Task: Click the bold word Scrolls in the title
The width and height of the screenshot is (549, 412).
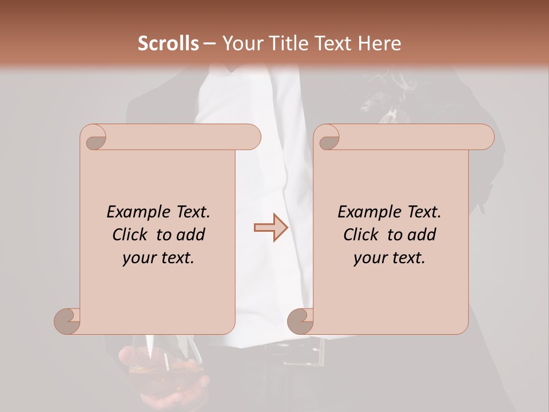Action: click(x=168, y=43)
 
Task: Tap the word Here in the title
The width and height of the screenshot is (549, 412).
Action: click(x=379, y=43)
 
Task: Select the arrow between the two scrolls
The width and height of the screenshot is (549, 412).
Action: click(x=270, y=227)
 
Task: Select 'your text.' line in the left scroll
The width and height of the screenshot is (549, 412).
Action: click(x=158, y=258)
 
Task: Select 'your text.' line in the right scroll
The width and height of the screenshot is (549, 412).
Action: click(x=389, y=258)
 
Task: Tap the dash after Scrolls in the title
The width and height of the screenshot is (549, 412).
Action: click(x=209, y=43)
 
